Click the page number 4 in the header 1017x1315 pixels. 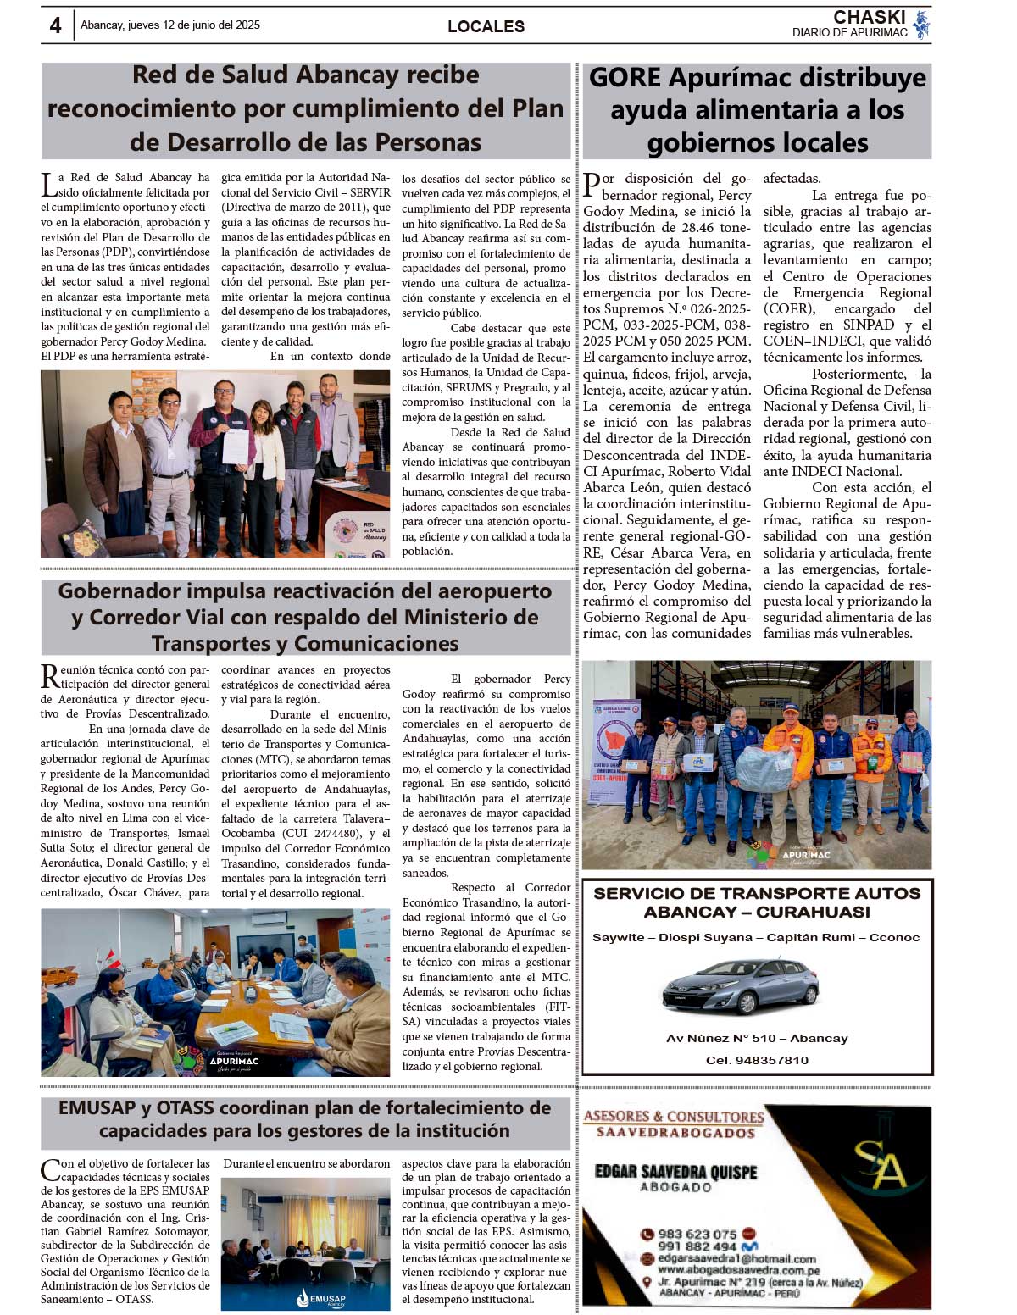click(56, 25)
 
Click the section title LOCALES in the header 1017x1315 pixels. click(486, 26)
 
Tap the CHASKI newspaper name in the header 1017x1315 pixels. click(869, 18)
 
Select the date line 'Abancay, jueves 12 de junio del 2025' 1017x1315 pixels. click(170, 25)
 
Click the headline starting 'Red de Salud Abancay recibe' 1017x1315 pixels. click(305, 108)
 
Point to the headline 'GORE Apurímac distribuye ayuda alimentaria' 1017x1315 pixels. click(757, 110)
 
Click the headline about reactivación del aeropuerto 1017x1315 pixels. click(305, 617)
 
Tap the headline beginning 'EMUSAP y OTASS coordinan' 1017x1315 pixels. click(305, 1118)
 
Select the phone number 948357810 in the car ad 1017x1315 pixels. click(757, 1060)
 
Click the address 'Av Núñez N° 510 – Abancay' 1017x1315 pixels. click(757, 1038)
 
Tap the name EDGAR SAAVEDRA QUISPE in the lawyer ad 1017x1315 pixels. click(675, 1172)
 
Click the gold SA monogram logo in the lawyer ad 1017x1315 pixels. click(879, 1164)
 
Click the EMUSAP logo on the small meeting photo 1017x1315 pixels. click(321, 1298)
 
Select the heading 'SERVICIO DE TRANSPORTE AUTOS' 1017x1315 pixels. click(757, 893)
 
